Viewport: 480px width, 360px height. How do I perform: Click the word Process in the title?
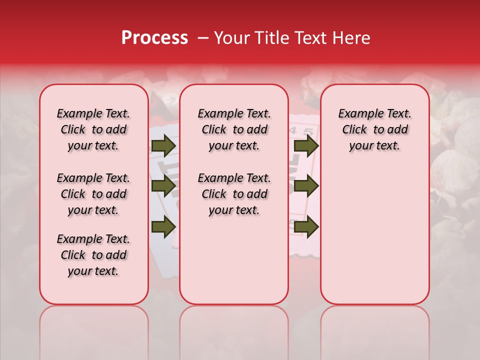[154, 38]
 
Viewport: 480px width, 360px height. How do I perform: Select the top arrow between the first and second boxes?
[163, 146]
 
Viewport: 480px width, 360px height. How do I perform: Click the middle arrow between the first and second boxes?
[163, 186]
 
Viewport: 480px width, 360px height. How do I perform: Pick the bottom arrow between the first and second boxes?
[163, 227]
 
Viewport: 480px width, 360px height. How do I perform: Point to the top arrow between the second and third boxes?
[306, 146]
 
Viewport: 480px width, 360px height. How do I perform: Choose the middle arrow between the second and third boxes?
[306, 186]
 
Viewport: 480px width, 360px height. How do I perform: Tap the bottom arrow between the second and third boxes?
[306, 227]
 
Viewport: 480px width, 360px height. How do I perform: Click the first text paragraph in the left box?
[93, 129]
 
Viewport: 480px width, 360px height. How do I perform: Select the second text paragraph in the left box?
[93, 194]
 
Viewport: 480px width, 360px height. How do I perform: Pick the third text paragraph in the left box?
[93, 255]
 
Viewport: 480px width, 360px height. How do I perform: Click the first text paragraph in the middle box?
[234, 129]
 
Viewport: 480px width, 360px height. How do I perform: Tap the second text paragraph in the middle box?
[234, 194]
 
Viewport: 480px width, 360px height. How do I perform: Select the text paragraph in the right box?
[375, 129]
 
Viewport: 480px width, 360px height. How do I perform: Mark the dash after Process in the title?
[202, 38]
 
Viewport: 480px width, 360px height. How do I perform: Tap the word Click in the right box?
[354, 130]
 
